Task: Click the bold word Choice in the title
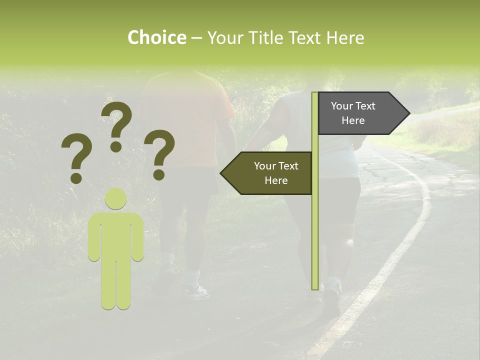[x=156, y=37]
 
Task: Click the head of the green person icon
[x=115, y=198]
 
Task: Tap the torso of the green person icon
[x=115, y=235]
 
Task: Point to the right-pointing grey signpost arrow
[x=360, y=113]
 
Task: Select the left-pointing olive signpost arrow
[x=267, y=173]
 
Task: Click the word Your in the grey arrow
[x=342, y=106]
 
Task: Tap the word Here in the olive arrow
[x=276, y=180]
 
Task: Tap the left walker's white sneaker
[x=196, y=291]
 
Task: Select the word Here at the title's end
[x=345, y=37]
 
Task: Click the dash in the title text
[x=196, y=38]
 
